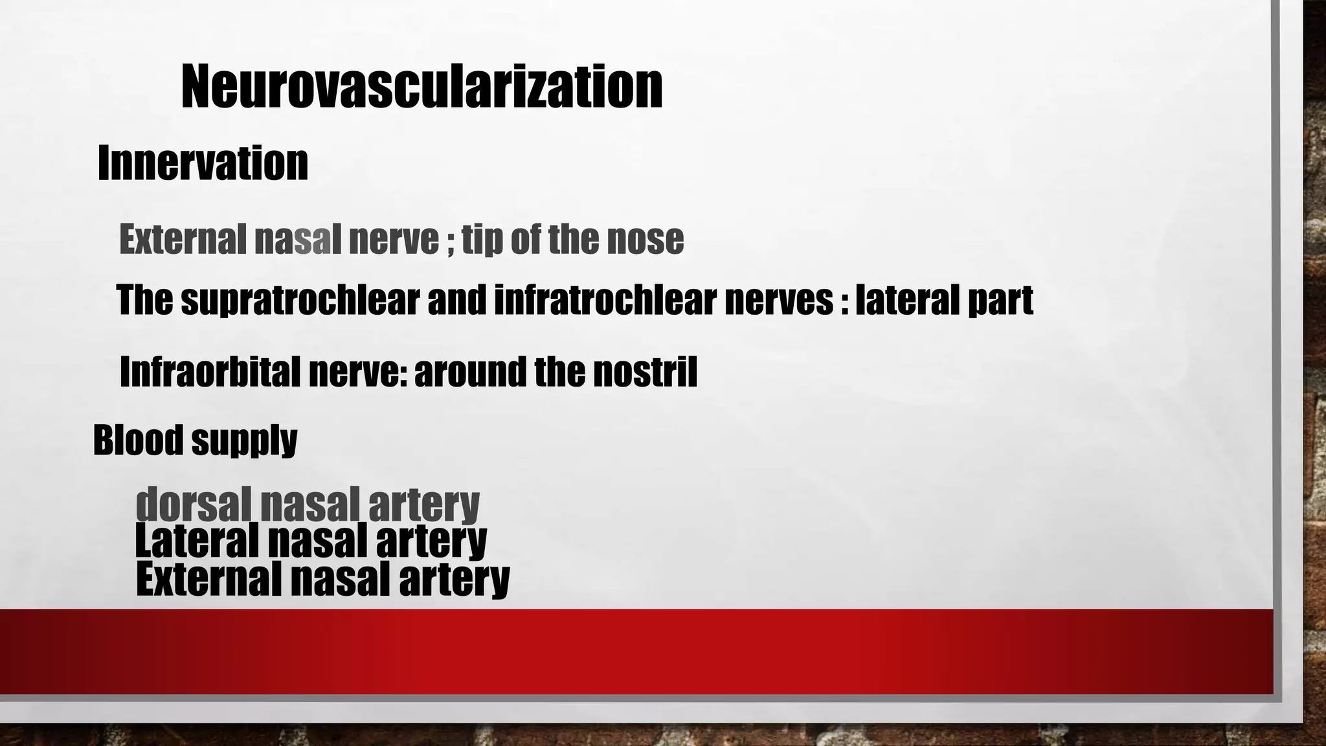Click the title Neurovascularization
click(x=421, y=87)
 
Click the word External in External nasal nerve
click(x=182, y=240)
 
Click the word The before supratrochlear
click(x=144, y=300)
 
